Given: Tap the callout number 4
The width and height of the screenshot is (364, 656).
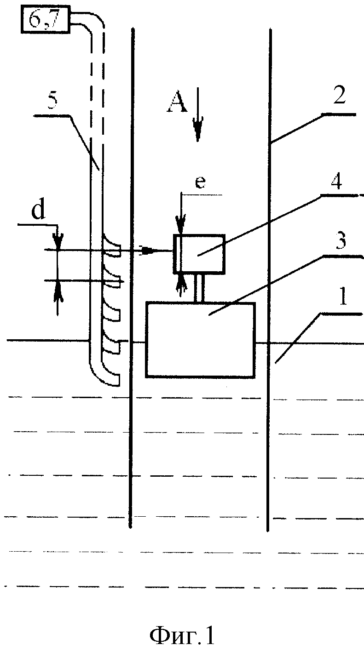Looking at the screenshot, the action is point(336,180).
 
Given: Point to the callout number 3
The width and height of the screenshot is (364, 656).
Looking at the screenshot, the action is point(340,241).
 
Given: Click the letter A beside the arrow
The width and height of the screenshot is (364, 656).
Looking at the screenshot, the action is point(177,103).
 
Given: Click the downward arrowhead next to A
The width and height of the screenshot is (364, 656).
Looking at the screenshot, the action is point(198,128).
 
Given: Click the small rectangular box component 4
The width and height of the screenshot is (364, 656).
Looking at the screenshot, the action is point(199,254).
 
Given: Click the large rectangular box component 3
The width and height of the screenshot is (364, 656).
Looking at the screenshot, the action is point(200,339).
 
